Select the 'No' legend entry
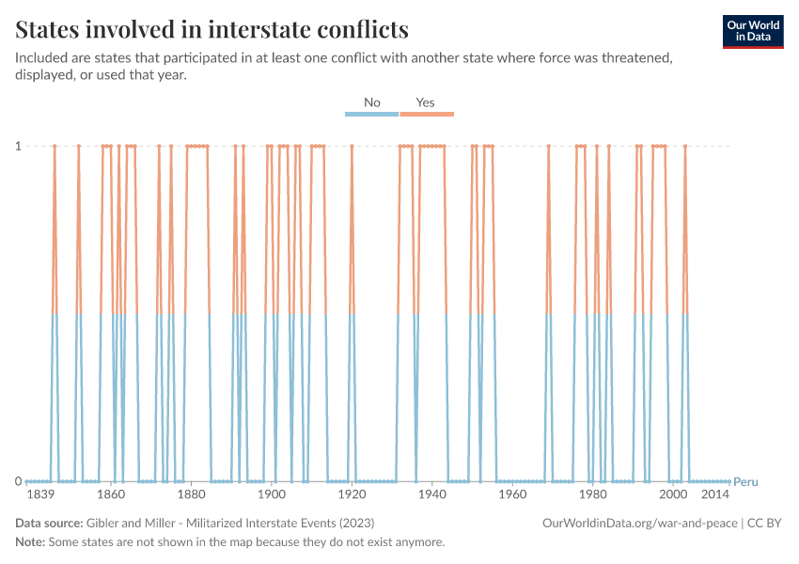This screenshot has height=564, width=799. click(372, 102)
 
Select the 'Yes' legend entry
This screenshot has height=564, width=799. click(426, 102)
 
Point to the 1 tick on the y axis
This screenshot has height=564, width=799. click(17, 146)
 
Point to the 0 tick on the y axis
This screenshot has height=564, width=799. click(17, 481)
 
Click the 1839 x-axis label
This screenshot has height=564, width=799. click(39, 494)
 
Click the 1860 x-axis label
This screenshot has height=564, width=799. click(111, 494)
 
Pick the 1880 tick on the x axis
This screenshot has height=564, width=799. click(192, 494)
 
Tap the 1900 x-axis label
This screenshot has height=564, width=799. click(272, 494)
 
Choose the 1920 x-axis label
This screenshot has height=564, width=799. click(352, 494)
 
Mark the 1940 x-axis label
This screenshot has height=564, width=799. click(432, 494)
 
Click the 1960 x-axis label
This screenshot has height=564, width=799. click(512, 494)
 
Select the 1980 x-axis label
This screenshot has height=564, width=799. click(593, 494)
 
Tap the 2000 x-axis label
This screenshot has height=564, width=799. click(673, 494)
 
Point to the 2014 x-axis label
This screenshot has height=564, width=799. click(715, 494)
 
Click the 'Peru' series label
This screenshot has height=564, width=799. click(745, 481)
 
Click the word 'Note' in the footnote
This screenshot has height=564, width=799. click(29, 542)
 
